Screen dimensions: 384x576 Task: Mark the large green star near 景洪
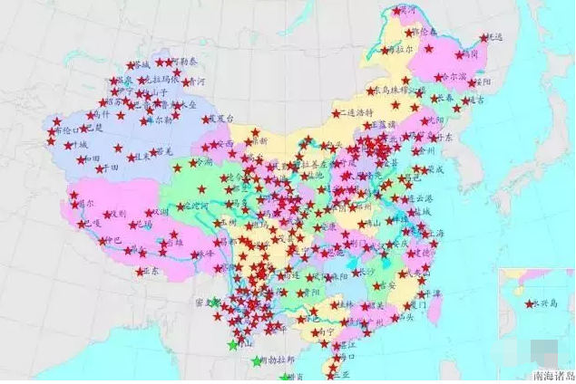(233, 345)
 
